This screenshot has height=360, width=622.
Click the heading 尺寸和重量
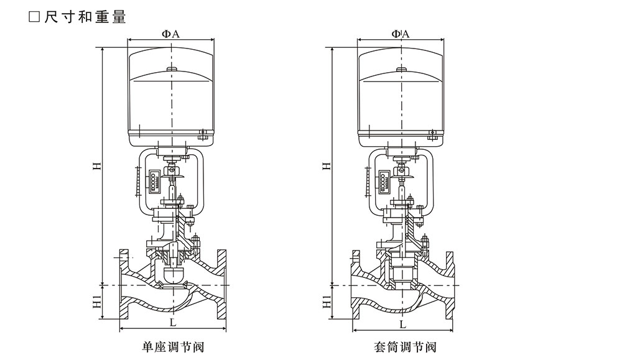click(x=85, y=17)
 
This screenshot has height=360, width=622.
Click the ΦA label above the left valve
click(x=171, y=34)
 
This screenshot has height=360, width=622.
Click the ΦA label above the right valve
click(x=401, y=34)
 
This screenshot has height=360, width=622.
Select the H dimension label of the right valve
click(x=325, y=167)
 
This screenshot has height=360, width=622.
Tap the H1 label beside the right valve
click(x=326, y=303)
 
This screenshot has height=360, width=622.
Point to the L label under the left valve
click(x=172, y=323)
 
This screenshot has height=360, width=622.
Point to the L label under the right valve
click(x=402, y=324)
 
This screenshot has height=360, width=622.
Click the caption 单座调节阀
click(x=172, y=346)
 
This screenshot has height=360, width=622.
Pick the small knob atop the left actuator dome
click(x=172, y=69)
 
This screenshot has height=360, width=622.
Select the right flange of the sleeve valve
click(x=451, y=285)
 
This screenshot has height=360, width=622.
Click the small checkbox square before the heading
click(x=35, y=17)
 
